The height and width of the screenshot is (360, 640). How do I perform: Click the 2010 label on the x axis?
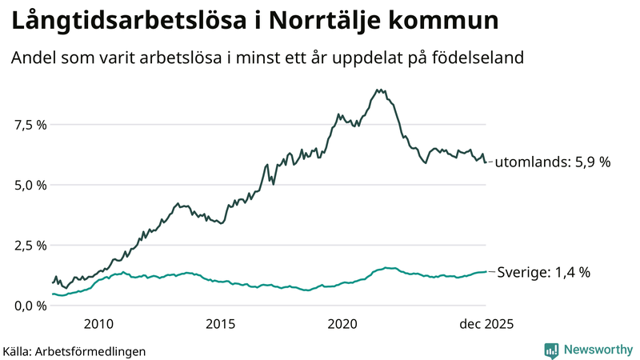[98, 324]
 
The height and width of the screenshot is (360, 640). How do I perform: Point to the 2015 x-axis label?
[220, 324]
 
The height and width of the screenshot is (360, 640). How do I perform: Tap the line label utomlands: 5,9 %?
[553, 162]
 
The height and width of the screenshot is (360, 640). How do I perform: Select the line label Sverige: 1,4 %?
[544, 272]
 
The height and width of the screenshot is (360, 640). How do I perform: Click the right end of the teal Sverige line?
[486, 272]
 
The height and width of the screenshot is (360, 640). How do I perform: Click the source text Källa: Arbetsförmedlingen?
[74, 350]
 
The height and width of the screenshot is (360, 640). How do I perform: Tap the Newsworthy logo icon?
[552, 350]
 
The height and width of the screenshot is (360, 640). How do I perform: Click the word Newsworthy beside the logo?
[598, 350]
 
